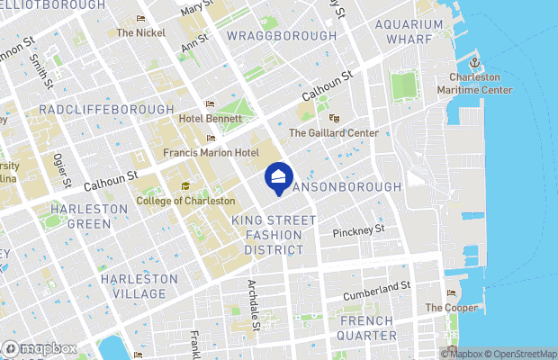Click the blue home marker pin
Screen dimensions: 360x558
click(279, 177)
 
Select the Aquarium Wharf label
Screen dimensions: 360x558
click(409, 31)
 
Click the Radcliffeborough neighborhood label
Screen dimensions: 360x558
click(106, 109)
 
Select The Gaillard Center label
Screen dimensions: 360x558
click(333, 132)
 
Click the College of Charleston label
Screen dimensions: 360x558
click(185, 201)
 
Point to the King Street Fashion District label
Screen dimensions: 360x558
click(274, 234)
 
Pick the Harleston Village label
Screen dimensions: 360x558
click(133, 286)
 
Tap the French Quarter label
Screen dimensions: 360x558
click(366, 328)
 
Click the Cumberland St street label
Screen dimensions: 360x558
click(377, 291)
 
